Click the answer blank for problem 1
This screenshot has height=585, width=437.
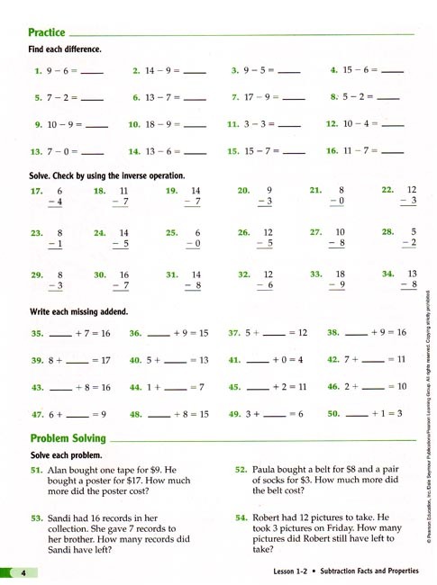93,71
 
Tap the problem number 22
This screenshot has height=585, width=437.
387,191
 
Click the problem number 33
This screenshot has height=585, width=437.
315,274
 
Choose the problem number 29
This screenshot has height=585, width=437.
37,274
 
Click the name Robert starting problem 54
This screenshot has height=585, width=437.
271,518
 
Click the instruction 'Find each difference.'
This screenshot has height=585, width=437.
65,49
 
